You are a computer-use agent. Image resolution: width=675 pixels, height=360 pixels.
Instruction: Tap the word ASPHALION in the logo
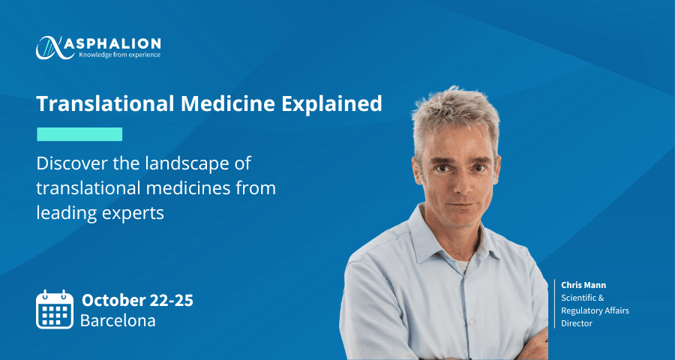(x=114, y=43)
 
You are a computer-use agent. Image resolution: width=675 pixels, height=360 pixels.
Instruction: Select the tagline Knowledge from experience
(x=119, y=55)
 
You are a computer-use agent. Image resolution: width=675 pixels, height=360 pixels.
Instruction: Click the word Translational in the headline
(x=104, y=103)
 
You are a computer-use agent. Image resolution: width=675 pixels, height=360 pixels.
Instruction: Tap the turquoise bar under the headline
(x=79, y=134)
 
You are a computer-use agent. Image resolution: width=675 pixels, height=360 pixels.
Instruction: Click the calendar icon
(x=55, y=309)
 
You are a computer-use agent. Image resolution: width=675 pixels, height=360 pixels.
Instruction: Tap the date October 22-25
(x=137, y=300)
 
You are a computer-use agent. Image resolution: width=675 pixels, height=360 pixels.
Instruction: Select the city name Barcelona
(x=118, y=321)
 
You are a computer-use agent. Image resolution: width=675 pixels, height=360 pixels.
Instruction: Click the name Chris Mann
(x=583, y=285)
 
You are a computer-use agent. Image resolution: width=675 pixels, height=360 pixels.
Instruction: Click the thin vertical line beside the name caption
(x=554, y=304)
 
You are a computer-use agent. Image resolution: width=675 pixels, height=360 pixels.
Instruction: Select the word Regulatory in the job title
(x=580, y=310)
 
